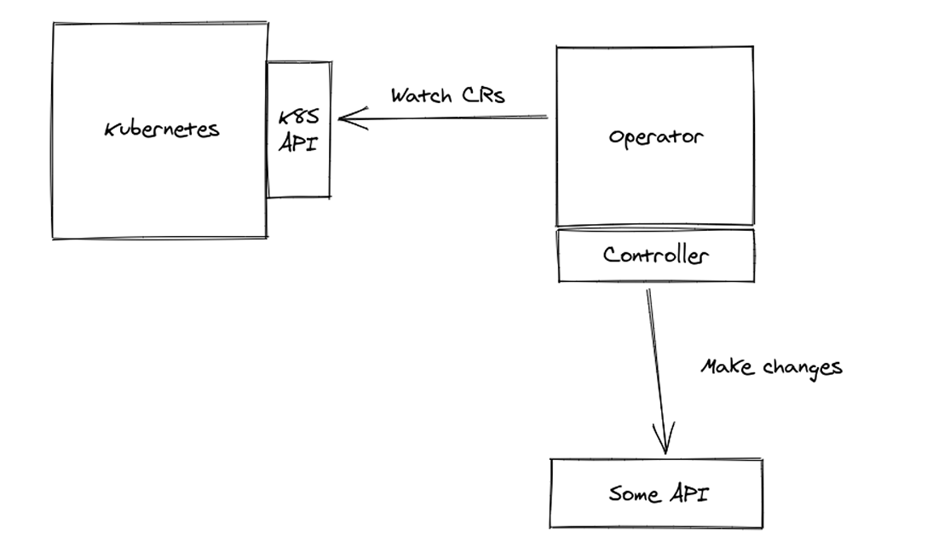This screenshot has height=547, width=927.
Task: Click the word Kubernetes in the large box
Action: [162, 130]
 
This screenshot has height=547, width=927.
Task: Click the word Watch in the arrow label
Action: [421, 95]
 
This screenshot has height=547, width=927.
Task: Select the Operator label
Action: [655, 136]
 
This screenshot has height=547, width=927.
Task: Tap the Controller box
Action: [655, 255]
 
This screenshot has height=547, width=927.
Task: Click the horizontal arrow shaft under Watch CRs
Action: [452, 117]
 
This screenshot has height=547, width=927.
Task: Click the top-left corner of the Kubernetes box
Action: [54, 23]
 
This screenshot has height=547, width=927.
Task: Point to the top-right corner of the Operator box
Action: [752, 47]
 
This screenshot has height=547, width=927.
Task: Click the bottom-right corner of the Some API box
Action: [763, 527]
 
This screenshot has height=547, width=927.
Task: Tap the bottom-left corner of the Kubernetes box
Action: [54, 238]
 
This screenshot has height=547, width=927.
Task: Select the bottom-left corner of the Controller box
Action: [559, 280]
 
